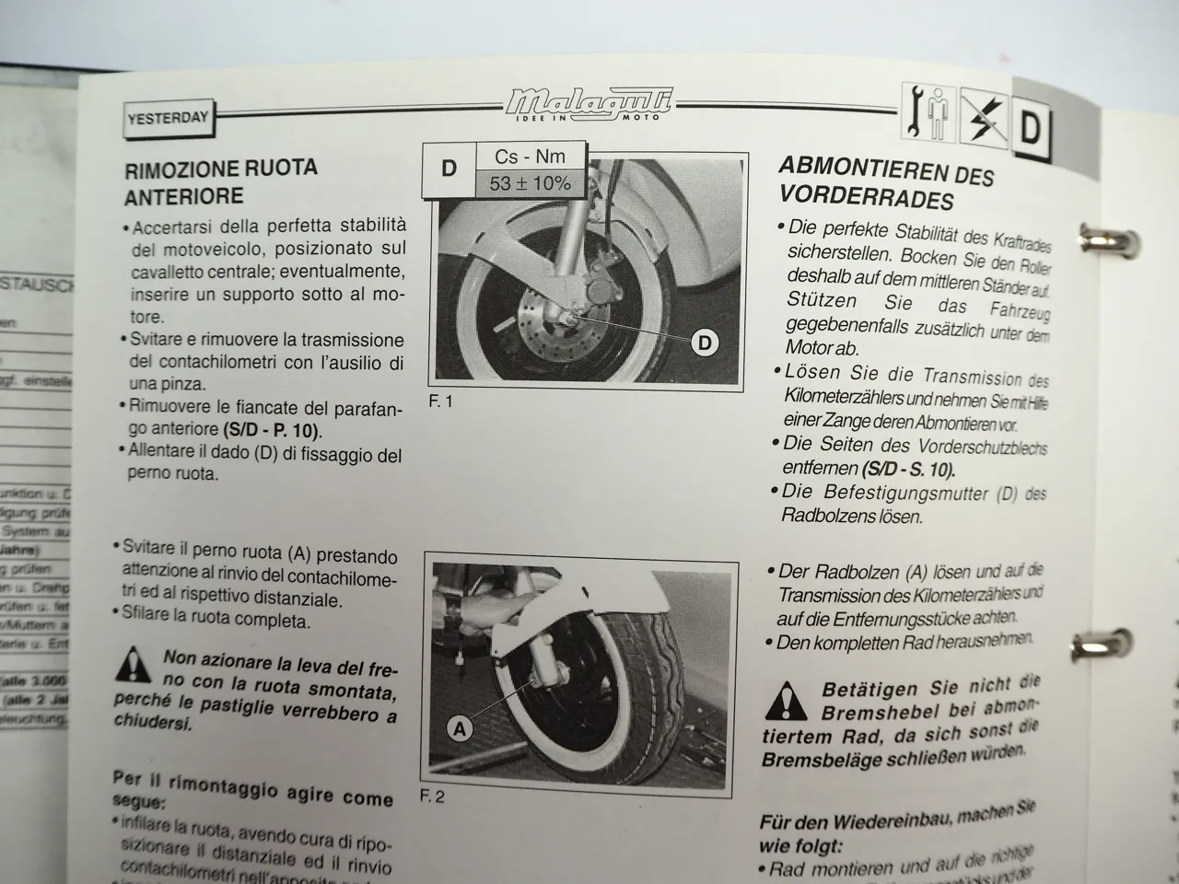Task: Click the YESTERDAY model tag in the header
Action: (x=168, y=118)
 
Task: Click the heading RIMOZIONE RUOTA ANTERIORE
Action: (x=221, y=181)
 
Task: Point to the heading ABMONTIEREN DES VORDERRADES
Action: (x=886, y=180)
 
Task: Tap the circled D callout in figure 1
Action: (x=704, y=343)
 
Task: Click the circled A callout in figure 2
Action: (x=460, y=729)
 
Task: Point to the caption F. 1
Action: (x=441, y=401)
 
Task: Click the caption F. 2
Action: (x=432, y=797)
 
